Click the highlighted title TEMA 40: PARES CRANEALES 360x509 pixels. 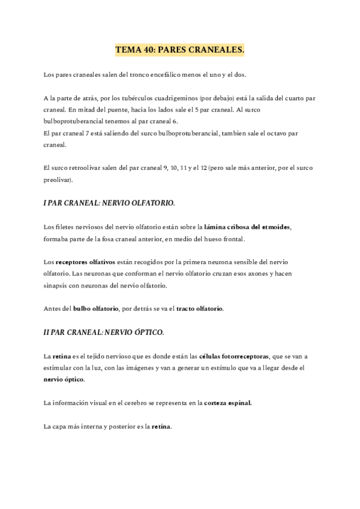click(x=180, y=52)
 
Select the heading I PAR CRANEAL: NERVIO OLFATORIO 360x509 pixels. click(x=109, y=203)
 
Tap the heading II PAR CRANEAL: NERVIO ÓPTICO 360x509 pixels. click(x=103, y=332)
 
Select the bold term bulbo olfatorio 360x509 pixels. click(x=95, y=309)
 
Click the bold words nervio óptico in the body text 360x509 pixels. click(x=64, y=379)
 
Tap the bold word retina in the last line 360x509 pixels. click(x=162, y=427)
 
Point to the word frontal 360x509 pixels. click(x=232, y=239)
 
